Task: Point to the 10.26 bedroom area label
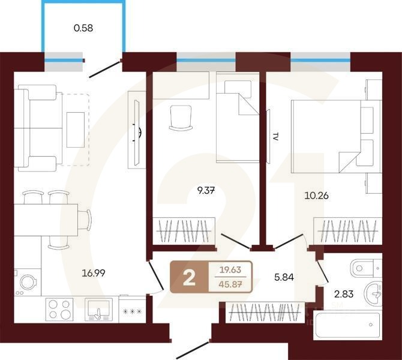(316, 195)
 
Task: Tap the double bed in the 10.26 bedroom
(335, 137)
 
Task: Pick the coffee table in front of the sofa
(76, 129)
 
